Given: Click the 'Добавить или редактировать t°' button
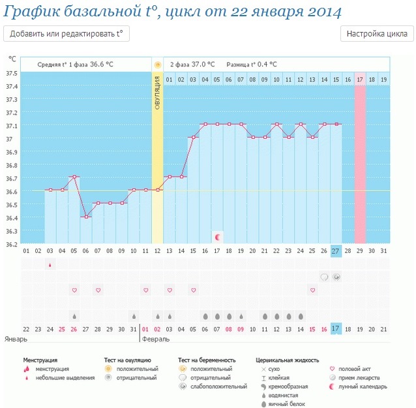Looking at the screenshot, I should tap(67, 34).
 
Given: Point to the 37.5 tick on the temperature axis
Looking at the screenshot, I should tap(12, 73).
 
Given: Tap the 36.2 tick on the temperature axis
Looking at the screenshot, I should tap(12, 244).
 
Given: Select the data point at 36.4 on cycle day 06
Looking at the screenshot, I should tap(85, 217).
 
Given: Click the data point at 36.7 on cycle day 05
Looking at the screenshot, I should tap(74, 177).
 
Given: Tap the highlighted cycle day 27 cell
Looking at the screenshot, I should tap(336, 251).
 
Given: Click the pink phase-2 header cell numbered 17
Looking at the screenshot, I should tap(360, 80).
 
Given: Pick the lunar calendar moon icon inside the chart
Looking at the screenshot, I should tap(217, 236).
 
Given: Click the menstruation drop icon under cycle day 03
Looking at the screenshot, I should tap(50, 264).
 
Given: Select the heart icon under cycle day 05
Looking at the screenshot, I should tap(74, 289).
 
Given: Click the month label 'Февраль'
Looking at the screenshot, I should tap(156, 339).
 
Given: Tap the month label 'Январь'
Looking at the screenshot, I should tap(17, 339).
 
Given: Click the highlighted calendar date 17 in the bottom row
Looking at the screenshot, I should tap(336, 328).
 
